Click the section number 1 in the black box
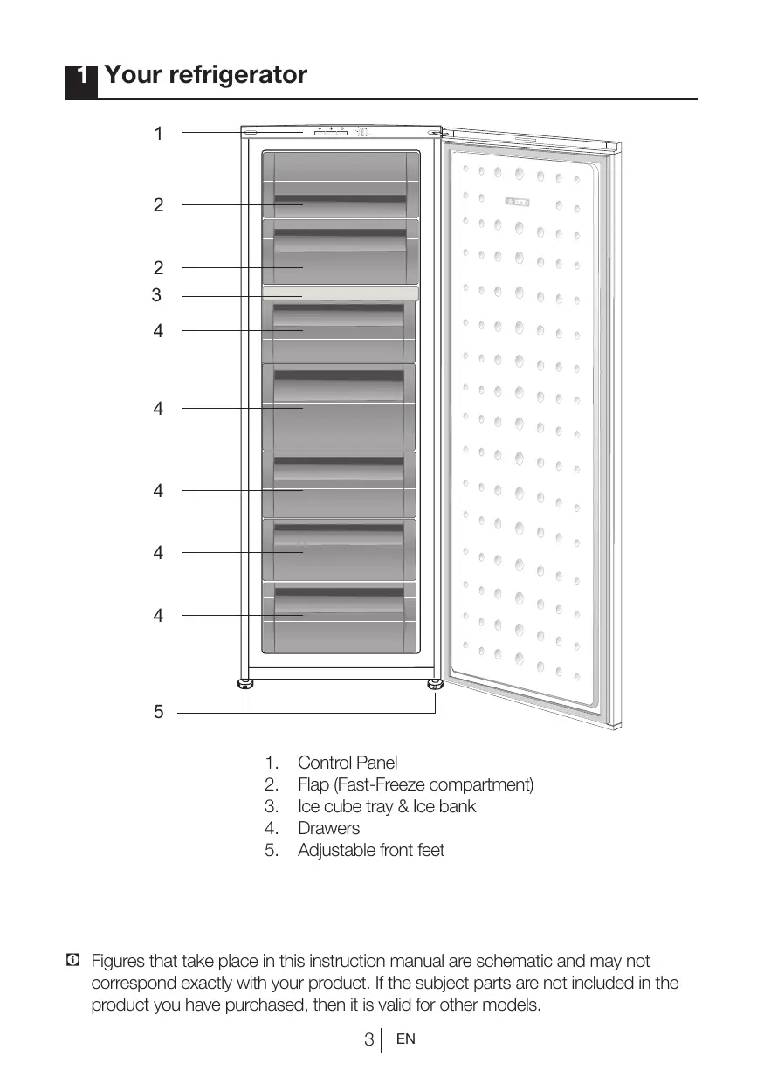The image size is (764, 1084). [81, 77]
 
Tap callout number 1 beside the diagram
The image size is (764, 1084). [158, 134]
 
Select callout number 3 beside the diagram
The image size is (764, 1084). [156, 295]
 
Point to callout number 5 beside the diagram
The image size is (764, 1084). [158, 712]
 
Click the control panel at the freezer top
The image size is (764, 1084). [331, 132]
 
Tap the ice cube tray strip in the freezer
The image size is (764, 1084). [340, 293]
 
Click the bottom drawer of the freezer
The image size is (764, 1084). [340, 617]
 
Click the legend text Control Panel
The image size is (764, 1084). [348, 763]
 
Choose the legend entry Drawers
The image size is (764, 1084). [328, 828]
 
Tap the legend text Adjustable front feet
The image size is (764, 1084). [371, 850]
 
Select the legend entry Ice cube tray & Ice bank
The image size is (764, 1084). [387, 806]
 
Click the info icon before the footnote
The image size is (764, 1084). [72, 962]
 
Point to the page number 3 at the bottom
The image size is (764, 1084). [369, 1039]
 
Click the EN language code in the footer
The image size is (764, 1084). [405, 1039]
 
